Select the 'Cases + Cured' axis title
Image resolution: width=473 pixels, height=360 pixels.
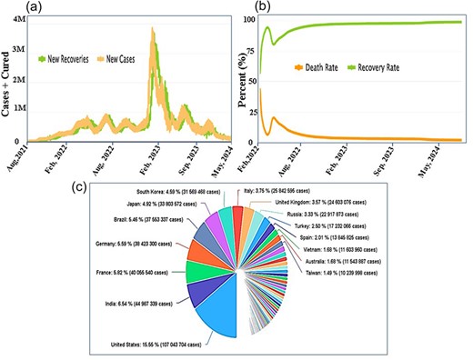(x=7, y=83)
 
